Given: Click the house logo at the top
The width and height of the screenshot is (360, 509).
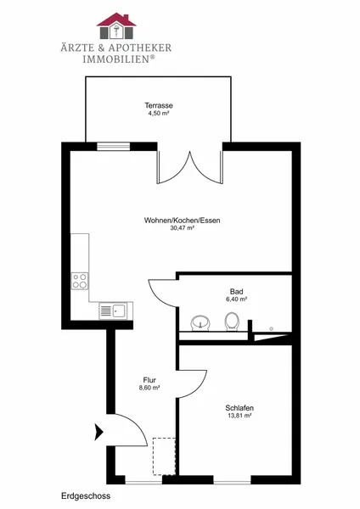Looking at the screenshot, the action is tap(116, 26).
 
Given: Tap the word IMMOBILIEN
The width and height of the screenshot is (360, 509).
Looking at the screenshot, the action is tap(116, 59).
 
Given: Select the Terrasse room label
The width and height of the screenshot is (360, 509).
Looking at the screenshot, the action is tap(159, 105).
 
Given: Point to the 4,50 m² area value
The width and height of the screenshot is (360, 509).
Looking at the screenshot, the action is tap(159, 114).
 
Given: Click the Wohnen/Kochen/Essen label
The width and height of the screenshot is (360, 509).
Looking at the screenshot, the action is tap(183, 221).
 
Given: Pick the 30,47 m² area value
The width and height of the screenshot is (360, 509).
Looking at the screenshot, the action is tap(183, 228).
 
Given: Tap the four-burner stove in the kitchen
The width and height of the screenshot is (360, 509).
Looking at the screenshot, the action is tap(80, 281).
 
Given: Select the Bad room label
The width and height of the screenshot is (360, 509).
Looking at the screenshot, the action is tap(237, 292).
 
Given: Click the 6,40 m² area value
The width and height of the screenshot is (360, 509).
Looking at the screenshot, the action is tap(237, 299).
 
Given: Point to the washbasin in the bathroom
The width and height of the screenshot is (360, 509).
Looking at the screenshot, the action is tap(200, 323).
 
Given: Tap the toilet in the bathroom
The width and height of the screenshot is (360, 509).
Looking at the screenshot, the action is tap(232, 322).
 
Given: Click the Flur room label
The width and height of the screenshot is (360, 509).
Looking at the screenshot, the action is tap(149, 380).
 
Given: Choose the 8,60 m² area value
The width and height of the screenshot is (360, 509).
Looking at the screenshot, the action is tap(149, 388).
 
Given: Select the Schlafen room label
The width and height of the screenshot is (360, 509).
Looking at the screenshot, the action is tap(239, 408).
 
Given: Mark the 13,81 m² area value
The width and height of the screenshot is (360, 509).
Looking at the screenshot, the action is tap(239, 416).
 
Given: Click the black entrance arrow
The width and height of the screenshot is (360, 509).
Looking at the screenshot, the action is tap(98, 432).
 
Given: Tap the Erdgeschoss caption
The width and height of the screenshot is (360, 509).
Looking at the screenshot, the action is tap(86, 496).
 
